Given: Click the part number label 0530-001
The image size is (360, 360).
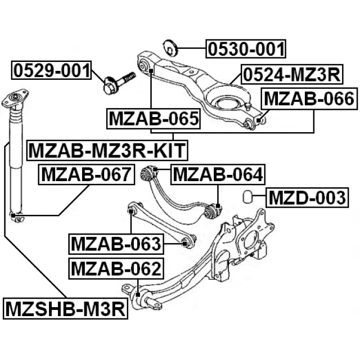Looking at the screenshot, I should coord(245,49).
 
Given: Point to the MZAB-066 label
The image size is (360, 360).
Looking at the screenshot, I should coord(309,100).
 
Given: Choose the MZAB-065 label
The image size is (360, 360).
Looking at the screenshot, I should coord(154,119).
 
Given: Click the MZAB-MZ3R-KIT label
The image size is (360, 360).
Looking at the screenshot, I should coord(107,150).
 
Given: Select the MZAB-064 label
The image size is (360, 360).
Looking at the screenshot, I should coord(217,175).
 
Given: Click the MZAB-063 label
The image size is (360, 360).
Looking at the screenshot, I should coord(116,244).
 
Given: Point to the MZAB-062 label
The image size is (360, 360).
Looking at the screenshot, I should coord(116,269).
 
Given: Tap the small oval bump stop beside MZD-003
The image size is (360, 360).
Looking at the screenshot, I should coord(246,197).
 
